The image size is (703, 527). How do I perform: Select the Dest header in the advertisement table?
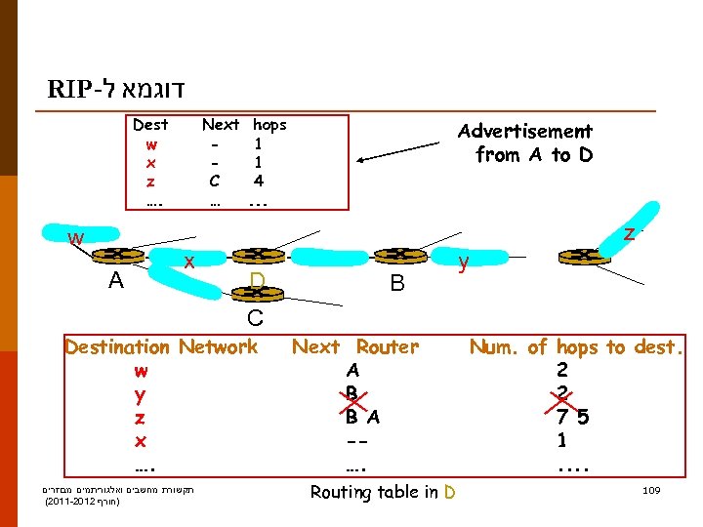150,125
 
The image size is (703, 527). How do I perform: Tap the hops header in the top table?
269,125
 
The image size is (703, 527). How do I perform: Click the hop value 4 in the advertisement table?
258,181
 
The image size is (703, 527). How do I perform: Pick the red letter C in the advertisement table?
214,181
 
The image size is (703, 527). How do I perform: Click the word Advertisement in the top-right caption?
525,131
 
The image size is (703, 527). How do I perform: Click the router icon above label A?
115,256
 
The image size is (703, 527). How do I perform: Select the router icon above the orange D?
256,256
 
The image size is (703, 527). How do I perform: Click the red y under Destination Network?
142,395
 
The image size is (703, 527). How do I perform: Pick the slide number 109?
648,490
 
